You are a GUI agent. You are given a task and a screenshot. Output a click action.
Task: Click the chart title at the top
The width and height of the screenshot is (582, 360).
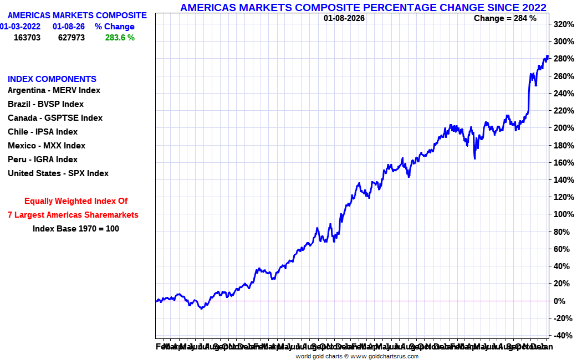coord(363,7)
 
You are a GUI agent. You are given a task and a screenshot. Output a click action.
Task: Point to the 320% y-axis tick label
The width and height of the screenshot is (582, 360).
coord(563,24)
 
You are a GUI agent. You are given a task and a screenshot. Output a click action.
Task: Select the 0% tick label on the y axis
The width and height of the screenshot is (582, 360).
coord(560,301)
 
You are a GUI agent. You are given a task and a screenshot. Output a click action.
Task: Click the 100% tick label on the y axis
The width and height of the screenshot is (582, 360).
coord(563,214)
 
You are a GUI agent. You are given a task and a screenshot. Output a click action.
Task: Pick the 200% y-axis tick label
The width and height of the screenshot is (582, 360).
coord(563,128)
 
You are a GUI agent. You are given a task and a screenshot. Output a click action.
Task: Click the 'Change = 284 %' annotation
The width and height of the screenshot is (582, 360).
coord(505,18)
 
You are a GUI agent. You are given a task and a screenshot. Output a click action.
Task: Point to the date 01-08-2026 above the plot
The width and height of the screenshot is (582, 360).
coord(344,18)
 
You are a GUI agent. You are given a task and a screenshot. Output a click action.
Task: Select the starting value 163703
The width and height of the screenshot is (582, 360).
coord(27,38)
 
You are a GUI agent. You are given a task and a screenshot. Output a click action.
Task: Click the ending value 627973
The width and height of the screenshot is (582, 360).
coord(72,38)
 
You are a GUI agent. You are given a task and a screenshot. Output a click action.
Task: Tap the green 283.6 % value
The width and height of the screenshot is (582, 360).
coord(120,38)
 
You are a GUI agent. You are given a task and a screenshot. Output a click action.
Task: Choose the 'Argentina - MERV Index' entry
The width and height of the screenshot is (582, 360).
coord(54,90)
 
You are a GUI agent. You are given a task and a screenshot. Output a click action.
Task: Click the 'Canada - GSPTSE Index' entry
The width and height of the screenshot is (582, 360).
coord(55,118)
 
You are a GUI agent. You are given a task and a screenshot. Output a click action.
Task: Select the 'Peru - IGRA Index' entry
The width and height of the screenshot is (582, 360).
coord(43,160)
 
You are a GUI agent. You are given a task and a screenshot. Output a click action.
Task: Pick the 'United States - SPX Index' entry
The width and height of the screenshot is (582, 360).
coord(58,173)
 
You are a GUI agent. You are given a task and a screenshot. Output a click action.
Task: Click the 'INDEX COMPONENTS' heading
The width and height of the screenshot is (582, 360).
coord(52,79)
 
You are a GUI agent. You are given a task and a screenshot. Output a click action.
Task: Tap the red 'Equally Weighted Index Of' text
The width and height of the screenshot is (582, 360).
coord(76,201)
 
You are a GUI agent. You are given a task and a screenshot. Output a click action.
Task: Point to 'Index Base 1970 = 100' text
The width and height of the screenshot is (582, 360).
coord(76,228)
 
